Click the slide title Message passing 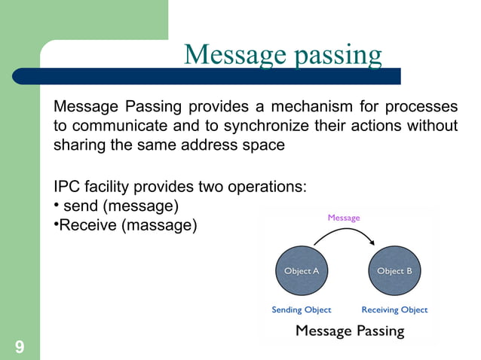point(283,54)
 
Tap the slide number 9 point(19,346)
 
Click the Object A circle point(301,271)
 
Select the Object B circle point(394,271)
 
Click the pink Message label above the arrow point(344,218)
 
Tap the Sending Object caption point(301,310)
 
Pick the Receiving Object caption point(394,310)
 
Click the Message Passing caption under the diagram point(350,330)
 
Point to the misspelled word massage point(158,224)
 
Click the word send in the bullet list point(81,205)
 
